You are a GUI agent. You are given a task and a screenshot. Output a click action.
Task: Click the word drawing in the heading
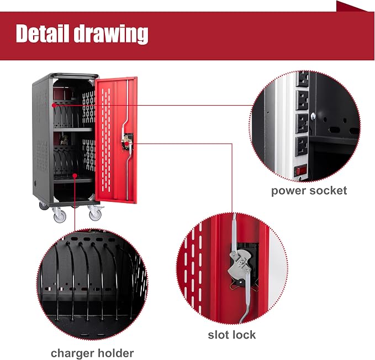pyautogui.click(x=110, y=34)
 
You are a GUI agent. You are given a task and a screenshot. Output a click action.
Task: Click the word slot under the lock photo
pyautogui.click(x=220, y=335)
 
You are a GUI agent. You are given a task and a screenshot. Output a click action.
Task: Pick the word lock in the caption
pyautogui.click(x=245, y=335)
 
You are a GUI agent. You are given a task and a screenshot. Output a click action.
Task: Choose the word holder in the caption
pyautogui.click(x=115, y=353)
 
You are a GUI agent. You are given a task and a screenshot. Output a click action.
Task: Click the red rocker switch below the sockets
pyautogui.click(x=300, y=171)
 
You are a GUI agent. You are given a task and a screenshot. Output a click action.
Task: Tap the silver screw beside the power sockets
pyautogui.click(x=313, y=116)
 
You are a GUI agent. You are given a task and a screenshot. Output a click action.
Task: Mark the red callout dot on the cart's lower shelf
pyautogui.click(x=75, y=176)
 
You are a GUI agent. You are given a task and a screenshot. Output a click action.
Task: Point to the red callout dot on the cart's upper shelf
pyautogui.click(x=54, y=105)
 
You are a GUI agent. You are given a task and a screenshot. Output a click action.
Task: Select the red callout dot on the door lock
pyautogui.click(x=126, y=143)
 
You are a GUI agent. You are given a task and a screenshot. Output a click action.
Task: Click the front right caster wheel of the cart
pyautogui.click(x=96, y=215)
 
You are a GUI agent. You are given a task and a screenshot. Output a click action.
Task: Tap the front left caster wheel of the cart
pyautogui.click(x=60, y=216)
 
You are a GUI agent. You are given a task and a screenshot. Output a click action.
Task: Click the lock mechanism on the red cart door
pyautogui.click(x=127, y=142)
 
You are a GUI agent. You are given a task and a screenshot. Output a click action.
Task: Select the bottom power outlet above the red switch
pyautogui.click(x=302, y=147)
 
